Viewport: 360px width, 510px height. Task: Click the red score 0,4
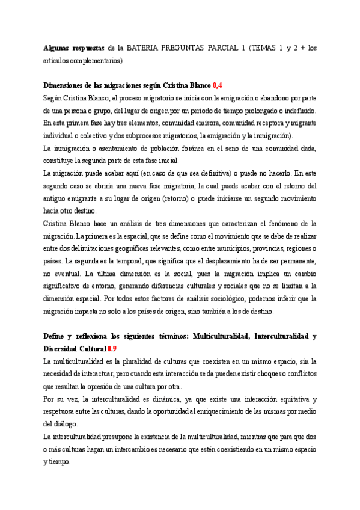point(218,86)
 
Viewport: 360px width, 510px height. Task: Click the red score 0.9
point(112,348)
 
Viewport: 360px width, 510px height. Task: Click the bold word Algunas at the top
point(59,48)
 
